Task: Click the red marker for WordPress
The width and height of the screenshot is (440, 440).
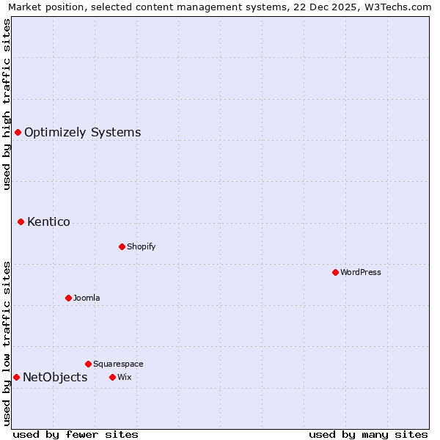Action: [335, 272]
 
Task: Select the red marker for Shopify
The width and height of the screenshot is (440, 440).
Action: [122, 246]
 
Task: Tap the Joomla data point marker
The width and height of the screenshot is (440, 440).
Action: [68, 298]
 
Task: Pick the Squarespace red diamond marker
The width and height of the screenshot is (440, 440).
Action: [88, 364]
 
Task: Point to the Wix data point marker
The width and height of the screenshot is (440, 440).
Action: [112, 377]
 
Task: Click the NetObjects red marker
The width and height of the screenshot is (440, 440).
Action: [16, 377]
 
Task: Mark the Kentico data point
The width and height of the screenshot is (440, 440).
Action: [21, 221]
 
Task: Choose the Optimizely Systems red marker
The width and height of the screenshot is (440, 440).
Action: [18, 132]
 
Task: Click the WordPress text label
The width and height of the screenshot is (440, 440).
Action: [361, 272]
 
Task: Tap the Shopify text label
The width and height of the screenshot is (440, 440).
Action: [142, 246]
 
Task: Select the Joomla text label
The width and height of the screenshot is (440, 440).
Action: [87, 298]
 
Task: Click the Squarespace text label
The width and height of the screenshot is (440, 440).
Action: [118, 364]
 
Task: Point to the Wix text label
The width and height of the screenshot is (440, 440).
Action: [125, 377]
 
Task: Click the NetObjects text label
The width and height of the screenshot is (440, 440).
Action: [55, 377]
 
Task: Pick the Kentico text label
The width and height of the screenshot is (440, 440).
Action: [48, 221]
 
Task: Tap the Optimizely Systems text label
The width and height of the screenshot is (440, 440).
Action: [83, 132]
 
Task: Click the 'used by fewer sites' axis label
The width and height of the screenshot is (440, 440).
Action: [76, 434]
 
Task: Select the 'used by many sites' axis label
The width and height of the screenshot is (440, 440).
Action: [368, 434]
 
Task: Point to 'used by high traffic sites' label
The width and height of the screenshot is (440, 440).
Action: [7, 104]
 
